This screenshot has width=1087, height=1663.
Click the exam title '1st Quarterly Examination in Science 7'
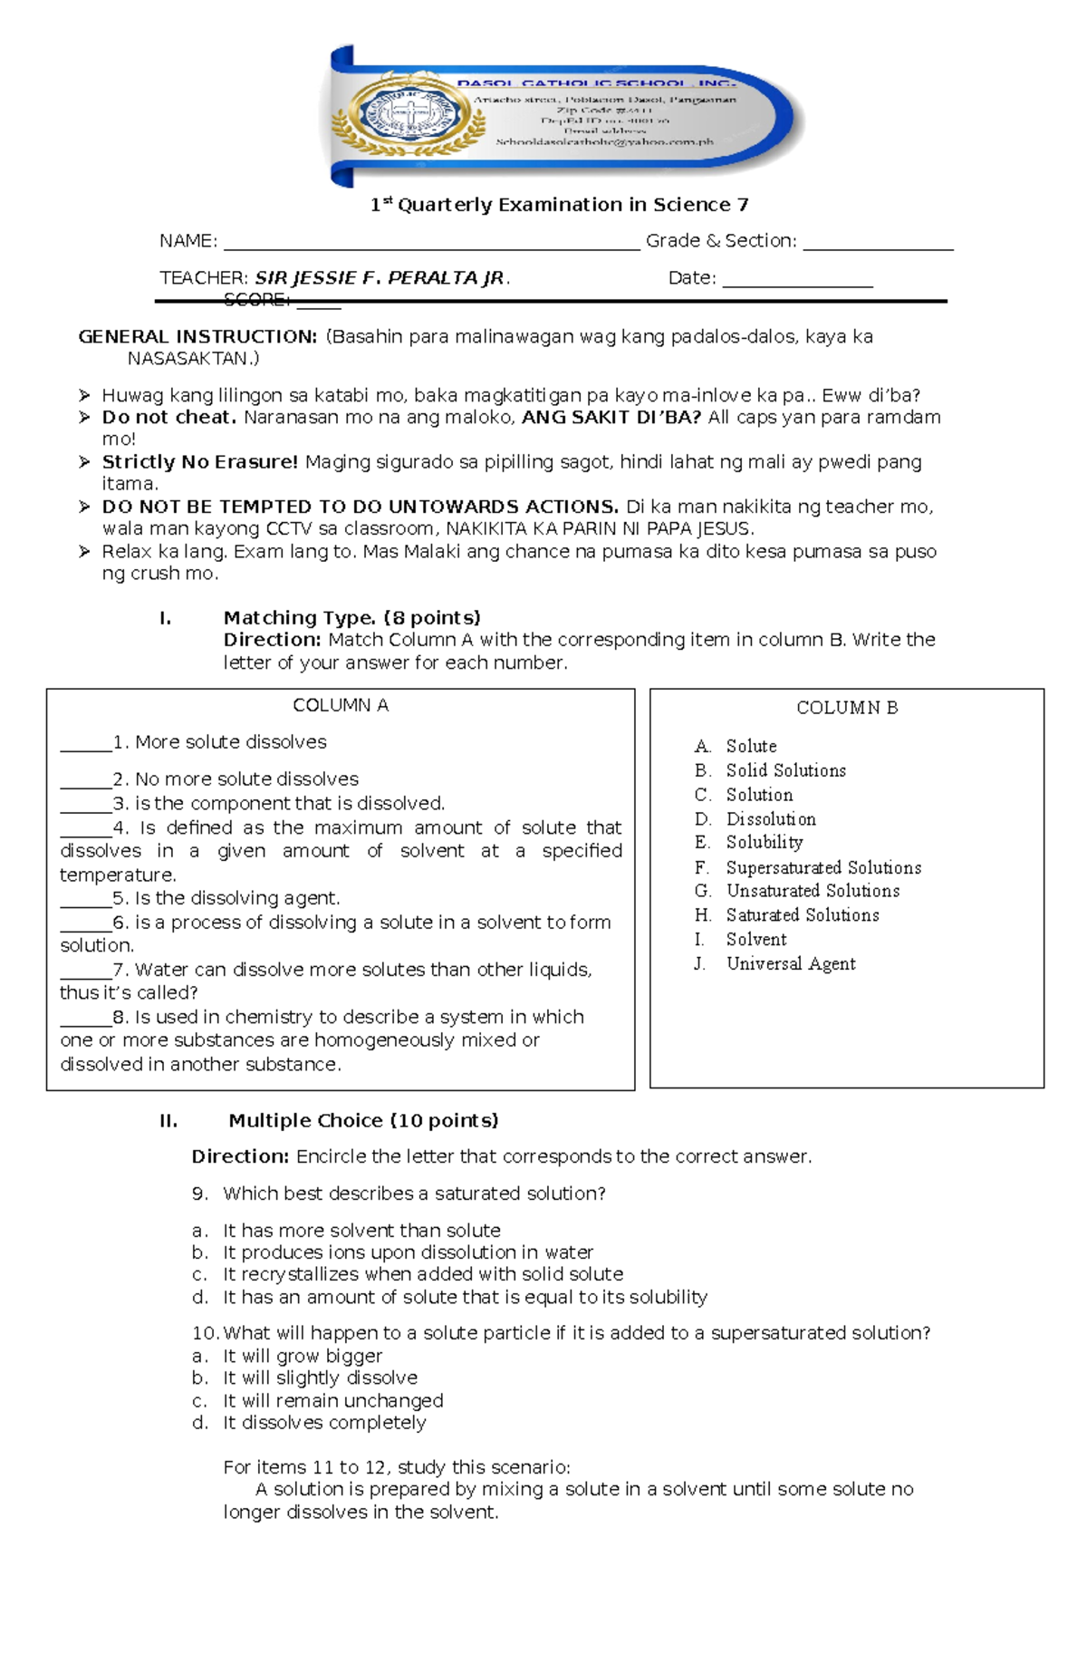(559, 205)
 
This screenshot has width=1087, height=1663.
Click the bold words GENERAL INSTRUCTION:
(197, 337)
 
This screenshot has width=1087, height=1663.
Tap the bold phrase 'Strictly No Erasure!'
(199, 462)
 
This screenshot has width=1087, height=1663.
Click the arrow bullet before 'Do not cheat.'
(84, 418)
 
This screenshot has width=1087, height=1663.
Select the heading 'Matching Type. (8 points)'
(351, 618)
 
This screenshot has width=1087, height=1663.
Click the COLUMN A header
(341, 706)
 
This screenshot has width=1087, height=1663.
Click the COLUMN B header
(847, 708)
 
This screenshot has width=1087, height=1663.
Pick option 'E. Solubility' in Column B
(749, 843)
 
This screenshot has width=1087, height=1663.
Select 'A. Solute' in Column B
(736, 747)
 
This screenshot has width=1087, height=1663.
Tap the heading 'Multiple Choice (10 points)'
(363, 1121)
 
